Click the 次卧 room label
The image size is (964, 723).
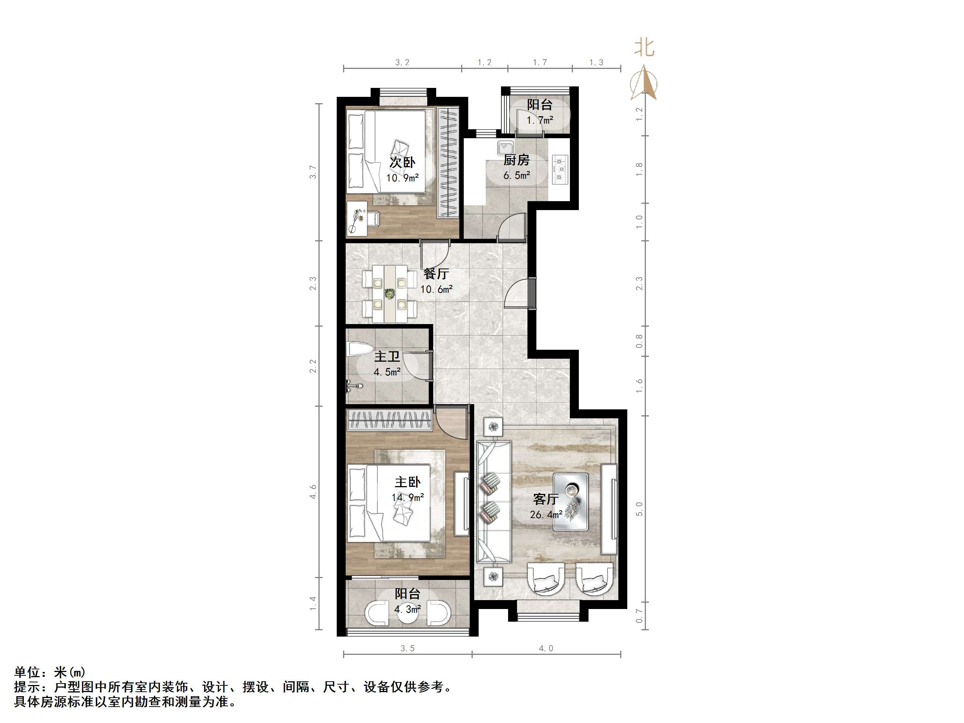(402, 162)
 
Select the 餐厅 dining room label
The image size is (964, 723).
(436, 274)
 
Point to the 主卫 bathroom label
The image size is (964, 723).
(387, 357)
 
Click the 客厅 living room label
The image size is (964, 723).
(546, 499)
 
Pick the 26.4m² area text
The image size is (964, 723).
(546, 515)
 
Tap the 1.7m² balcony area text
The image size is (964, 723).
(540, 120)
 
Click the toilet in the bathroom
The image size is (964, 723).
(359, 349)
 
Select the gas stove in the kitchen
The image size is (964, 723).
(560, 169)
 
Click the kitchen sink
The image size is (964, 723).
(505, 148)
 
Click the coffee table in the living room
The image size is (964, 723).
(571, 502)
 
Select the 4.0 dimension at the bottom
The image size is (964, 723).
(546, 648)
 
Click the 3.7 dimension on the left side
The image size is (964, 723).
(313, 172)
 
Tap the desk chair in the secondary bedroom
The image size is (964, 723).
(372, 218)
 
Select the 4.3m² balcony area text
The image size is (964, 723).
(408, 609)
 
